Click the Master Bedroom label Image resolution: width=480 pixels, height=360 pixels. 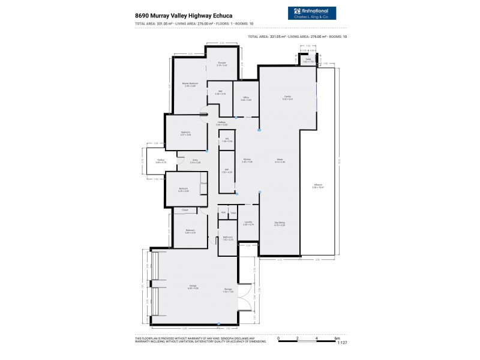(x=190, y=83)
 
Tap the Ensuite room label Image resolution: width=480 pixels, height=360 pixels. (x=222, y=63)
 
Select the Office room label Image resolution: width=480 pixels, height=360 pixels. (x=246, y=98)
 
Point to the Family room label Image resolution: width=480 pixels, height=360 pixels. (x=288, y=97)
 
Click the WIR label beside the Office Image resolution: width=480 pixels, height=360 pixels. (x=220, y=92)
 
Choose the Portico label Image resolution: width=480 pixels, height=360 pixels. (x=160, y=161)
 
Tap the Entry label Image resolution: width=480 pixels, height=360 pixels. (x=195, y=161)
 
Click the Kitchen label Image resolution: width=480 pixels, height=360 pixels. (x=247, y=161)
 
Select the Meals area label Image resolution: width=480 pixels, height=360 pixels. (x=279, y=161)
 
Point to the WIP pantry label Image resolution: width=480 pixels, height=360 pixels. (x=227, y=171)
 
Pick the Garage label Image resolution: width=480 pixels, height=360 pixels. (x=193, y=286)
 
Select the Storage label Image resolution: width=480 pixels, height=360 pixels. (x=229, y=290)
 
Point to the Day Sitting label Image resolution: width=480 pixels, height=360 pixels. (x=280, y=223)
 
